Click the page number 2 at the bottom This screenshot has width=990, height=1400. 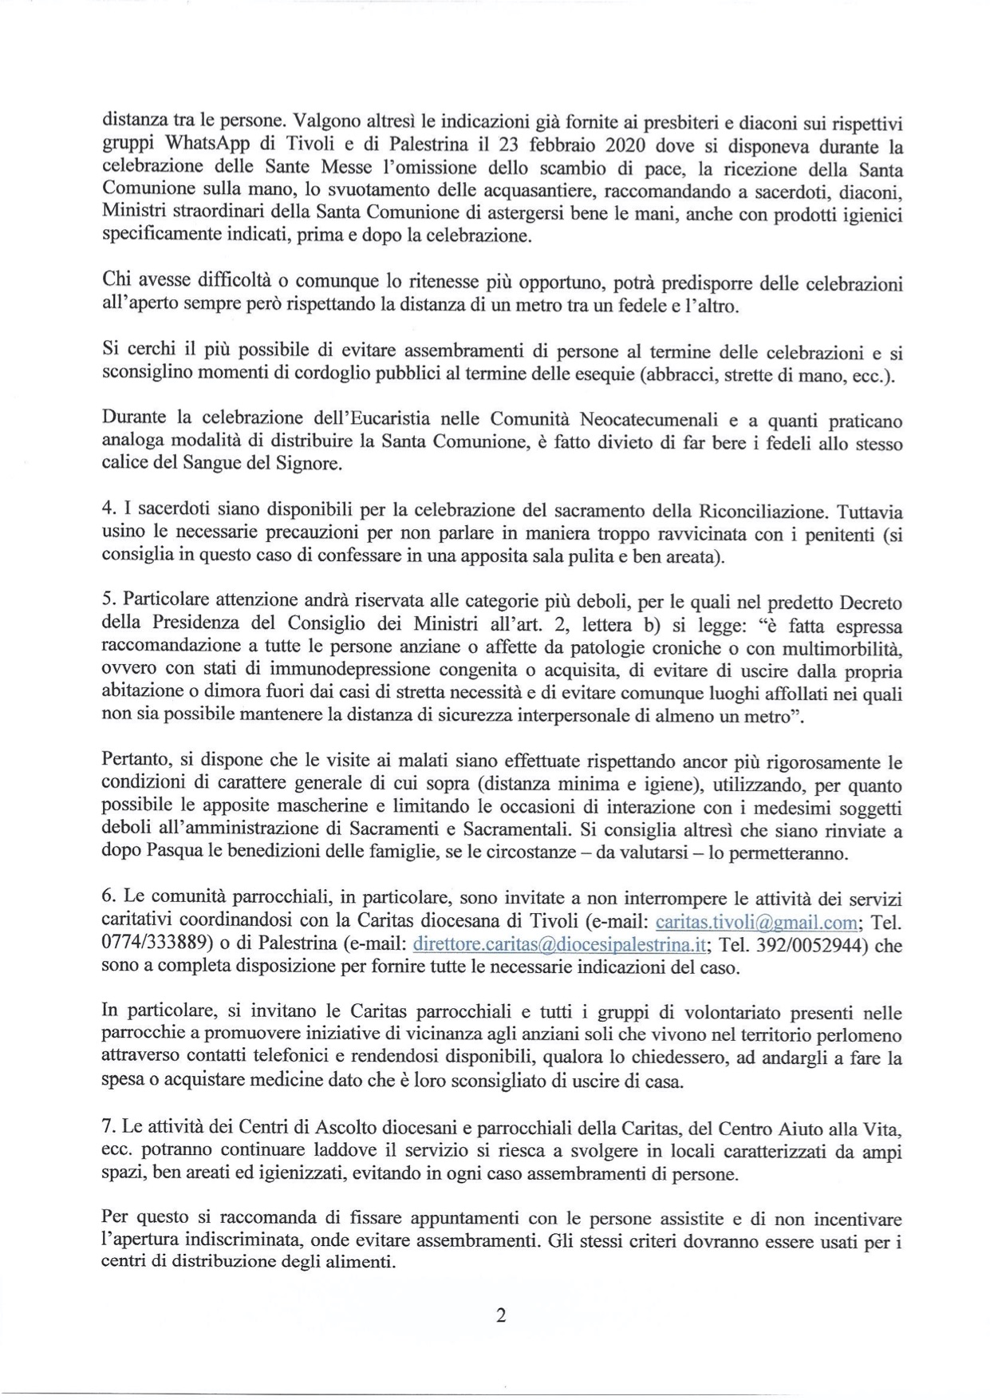click(x=501, y=1315)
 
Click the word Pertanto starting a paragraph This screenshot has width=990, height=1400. click(x=133, y=761)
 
